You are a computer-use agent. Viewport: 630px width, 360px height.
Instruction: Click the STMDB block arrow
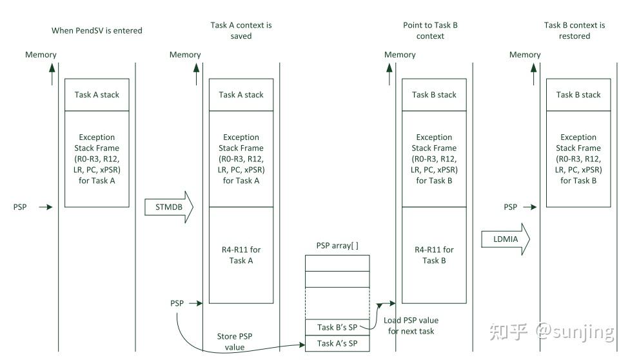[x=169, y=207]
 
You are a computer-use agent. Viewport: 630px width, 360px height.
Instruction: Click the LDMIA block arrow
[x=506, y=239]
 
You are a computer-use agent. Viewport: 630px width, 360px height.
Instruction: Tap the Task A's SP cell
[x=337, y=343]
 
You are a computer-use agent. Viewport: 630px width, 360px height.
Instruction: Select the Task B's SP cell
[x=337, y=328]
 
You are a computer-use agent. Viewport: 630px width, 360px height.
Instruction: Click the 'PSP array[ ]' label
[x=337, y=246]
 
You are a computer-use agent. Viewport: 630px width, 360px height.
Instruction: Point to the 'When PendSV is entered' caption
[x=97, y=30]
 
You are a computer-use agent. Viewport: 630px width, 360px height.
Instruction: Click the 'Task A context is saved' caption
[x=241, y=30]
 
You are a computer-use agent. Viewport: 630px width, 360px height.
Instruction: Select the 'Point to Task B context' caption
[x=430, y=30]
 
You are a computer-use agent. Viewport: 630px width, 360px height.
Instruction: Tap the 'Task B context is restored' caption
[x=575, y=30]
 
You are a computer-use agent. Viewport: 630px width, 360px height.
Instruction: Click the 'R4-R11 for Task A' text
[x=241, y=255]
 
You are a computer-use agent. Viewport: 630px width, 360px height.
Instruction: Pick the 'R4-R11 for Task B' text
[x=434, y=255]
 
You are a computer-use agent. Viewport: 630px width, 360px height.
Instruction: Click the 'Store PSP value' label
[x=235, y=341]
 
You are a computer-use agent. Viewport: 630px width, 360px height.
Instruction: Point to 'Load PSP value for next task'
[x=411, y=326]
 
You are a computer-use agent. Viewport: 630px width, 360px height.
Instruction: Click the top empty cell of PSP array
[x=337, y=263]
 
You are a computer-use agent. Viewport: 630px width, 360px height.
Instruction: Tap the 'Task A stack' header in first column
[x=97, y=95]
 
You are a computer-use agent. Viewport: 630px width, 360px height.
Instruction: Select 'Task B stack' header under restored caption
[x=578, y=95]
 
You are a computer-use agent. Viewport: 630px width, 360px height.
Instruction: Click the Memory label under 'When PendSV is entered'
[x=41, y=55]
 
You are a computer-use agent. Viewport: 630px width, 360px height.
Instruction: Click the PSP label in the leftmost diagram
[x=20, y=207]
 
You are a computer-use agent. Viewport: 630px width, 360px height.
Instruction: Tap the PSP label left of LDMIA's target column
[x=510, y=207]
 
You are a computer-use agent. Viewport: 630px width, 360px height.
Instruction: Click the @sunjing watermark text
[x=575, y=332]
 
